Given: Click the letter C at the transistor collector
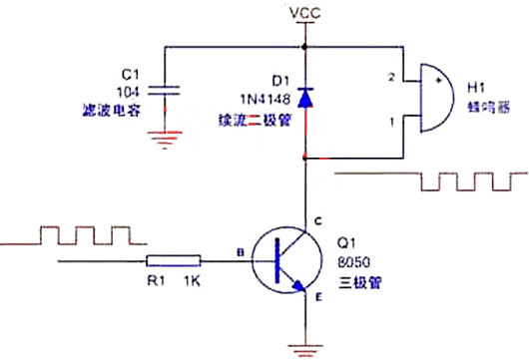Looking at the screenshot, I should (318, 221).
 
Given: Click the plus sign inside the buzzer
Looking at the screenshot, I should (439, 75).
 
